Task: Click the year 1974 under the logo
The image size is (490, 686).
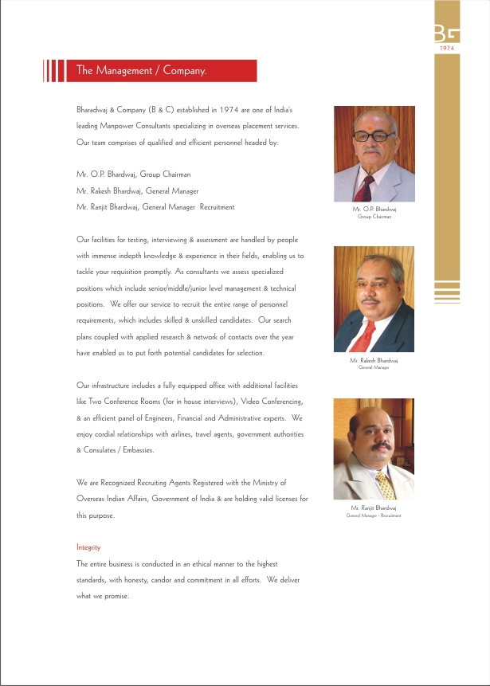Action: click(448, 49)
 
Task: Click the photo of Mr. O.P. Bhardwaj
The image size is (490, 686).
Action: click(374, 154)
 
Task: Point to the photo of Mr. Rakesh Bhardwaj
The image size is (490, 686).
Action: click(374, 299)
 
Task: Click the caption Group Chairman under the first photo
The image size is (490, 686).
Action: click(374, 217)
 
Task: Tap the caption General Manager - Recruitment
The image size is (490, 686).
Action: click(374, 515)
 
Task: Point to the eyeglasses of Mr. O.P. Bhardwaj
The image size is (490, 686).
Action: click(371, 136)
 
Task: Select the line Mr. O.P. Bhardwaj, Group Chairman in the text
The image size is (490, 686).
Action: click(134, 174)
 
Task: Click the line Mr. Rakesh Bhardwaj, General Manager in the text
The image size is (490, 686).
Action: click(138, 190)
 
